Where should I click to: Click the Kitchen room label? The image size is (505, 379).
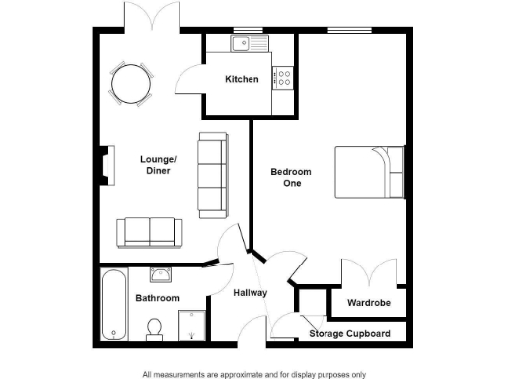[242, 79]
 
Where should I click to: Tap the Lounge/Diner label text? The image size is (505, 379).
[158, 164]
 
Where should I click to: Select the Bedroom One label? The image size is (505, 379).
[291, 177]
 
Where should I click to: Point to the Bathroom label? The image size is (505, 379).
[157, 297]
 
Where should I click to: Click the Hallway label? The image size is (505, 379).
[251, 293]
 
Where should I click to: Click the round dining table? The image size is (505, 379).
[130, 84]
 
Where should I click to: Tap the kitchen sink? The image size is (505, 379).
[244, 43]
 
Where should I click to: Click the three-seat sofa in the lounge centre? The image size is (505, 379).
[212, 175]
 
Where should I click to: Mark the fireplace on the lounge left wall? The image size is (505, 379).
[104, 165]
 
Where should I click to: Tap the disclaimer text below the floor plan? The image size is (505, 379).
[253, 374]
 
